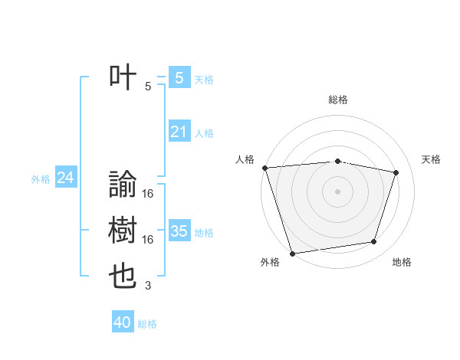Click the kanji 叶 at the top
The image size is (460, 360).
(x=123, y=77)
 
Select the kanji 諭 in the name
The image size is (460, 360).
(x=123, y=185)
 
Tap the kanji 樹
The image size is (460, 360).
(x=123, y=231)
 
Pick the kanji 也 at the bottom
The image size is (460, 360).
(x=123, y=277)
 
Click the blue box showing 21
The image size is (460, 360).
(x=179, y=132)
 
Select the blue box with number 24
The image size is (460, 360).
(x=65, y=178)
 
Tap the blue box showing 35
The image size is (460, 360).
(x=179, y=231)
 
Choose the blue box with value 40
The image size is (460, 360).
(x=123, y=322)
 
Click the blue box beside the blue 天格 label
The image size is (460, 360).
(x=179, y=77)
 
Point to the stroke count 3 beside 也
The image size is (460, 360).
(x=148, y=286)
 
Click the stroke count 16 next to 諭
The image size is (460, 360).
(x=148, y=195)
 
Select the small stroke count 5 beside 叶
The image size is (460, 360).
(x=148, y=87)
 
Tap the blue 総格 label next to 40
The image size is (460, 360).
(x=147, y=324)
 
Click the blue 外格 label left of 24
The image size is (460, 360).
(x=41, y=179)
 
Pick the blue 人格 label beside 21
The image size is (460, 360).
(x=204, y=133)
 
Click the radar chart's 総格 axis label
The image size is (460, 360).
(x=338, y=100)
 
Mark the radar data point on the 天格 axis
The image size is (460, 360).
(x=396, y=172)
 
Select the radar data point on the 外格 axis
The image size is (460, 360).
(x=292, y=253)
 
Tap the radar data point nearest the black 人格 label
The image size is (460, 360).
(x=264, y=168)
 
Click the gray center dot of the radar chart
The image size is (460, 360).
(x=338, y=191)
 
